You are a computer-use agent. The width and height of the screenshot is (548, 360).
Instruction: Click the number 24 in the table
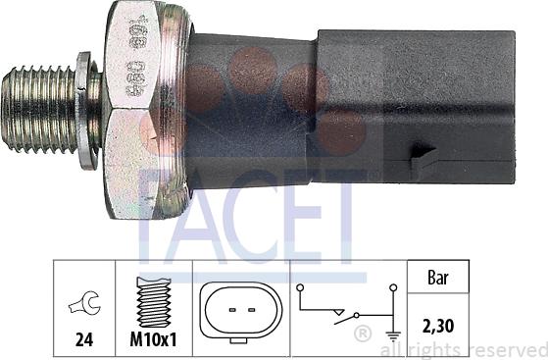coord(83,342)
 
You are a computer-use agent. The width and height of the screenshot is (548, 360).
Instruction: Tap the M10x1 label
coord(154,342)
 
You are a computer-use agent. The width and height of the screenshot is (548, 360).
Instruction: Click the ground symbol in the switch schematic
coord(393,333)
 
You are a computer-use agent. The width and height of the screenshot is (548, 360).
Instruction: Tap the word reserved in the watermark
coord(506,350)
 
